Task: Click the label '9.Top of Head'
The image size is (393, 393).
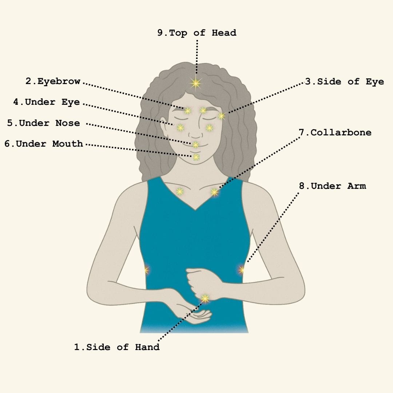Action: pyautogui.click(x=197, y=33)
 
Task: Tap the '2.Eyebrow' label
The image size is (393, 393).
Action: pyautogui.click(x=53, y=82)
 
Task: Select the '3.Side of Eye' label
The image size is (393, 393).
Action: pyautogui.click(x=344, y=82)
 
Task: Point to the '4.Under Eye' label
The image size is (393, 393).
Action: pyautogui.click(x=46, y=102)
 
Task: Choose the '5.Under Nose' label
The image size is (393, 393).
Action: pyautogui.click(x=44, y=123)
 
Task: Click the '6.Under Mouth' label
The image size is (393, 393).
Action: pyautogui.click(x=44, y=144)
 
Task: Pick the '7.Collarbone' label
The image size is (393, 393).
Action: pyautogui.click(x=335, y=132)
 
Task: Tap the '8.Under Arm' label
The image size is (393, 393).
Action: pyautogui.click(x=332, y=186)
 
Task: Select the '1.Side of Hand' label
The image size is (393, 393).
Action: pyautogui.click(x=117, y=347)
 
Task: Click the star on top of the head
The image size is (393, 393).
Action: pyautogui.click(x=196, y=83)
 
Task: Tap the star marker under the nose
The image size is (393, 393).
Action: pyautogui.click(x=195, y=144)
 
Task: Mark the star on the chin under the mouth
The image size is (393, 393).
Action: pyautogui.click(x=196, y=157)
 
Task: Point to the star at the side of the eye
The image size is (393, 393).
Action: pyautogui.click(x=221, y=116)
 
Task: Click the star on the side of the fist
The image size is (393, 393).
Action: pyautogui.click(x=205, y=298)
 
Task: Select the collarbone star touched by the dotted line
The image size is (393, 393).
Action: pyautogui.click(x=214, y=192)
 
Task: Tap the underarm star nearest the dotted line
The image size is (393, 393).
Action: pyautogui.click(x=241, y=270)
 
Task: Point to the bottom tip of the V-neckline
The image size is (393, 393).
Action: pyautogui.click(x=195, y=210)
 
